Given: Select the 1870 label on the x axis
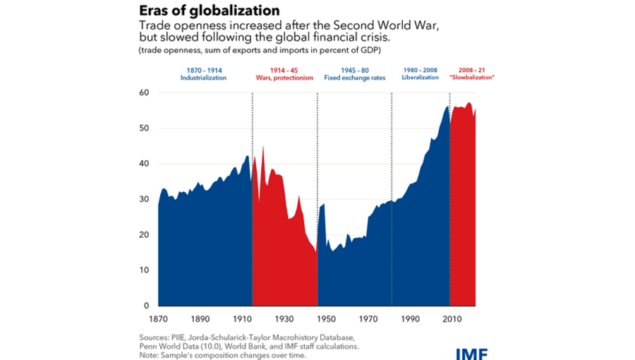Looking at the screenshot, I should coord(158,319).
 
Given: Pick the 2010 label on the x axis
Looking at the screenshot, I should coord(449,319).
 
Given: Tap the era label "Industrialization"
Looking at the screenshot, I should coord(203,78).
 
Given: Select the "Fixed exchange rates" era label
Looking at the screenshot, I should coord(353,78).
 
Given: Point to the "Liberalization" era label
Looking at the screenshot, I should coord(421,78).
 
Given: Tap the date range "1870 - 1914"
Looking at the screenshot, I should coord(203,70).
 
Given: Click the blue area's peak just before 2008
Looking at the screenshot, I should coord(447,107).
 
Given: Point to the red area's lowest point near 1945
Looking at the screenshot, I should coord(315,252).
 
